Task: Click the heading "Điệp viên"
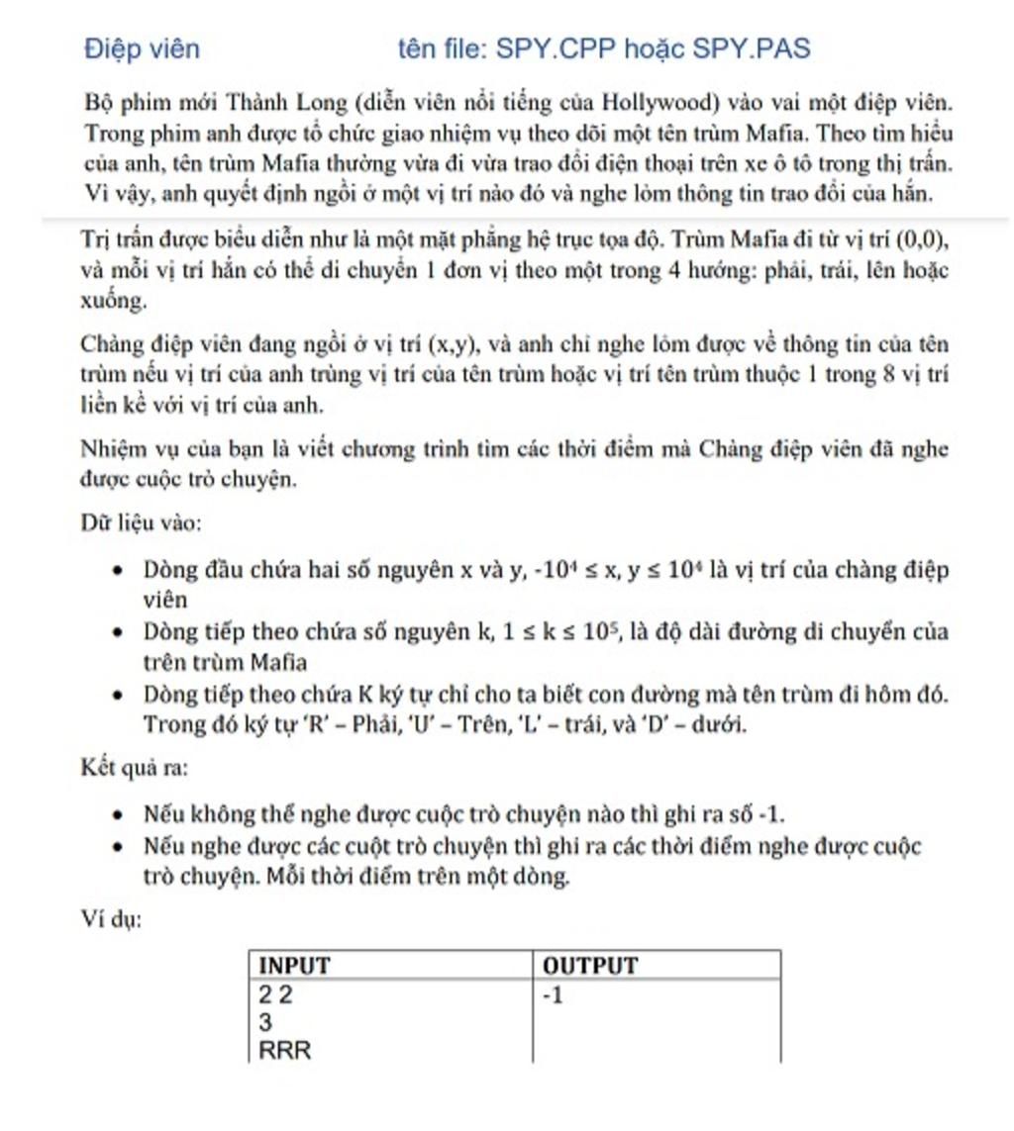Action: click(142, 48)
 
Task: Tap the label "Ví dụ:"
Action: click(111, 919)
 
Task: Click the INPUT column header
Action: click(294, 966)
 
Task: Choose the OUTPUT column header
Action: click(590, 966)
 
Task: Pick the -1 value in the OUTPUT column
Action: click(553, 995)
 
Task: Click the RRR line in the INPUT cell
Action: click(284, 1050)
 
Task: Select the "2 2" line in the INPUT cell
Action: click(276, 995)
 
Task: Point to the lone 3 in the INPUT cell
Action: click(265, 1022)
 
